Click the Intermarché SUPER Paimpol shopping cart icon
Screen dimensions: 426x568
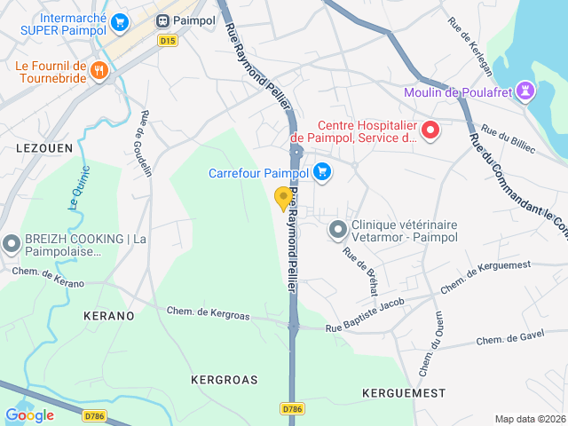[119, 23]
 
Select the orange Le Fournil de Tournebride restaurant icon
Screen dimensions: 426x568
[99, 71]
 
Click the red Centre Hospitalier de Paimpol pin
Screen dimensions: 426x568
[430, 131]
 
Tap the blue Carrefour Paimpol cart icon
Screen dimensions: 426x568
[320, 172]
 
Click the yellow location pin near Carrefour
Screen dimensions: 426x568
[283, 198]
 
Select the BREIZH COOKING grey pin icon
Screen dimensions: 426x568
[12, 242]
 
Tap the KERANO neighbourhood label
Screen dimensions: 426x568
[108, 316]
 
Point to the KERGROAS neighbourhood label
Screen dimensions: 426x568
[224, 380]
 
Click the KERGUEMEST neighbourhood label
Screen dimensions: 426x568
[404, 392]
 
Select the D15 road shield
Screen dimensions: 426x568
[167, 40]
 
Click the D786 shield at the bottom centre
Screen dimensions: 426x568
[292, 408]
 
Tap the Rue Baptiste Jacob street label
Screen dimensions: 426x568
[364, 316]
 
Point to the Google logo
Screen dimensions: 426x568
[29, 415]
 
